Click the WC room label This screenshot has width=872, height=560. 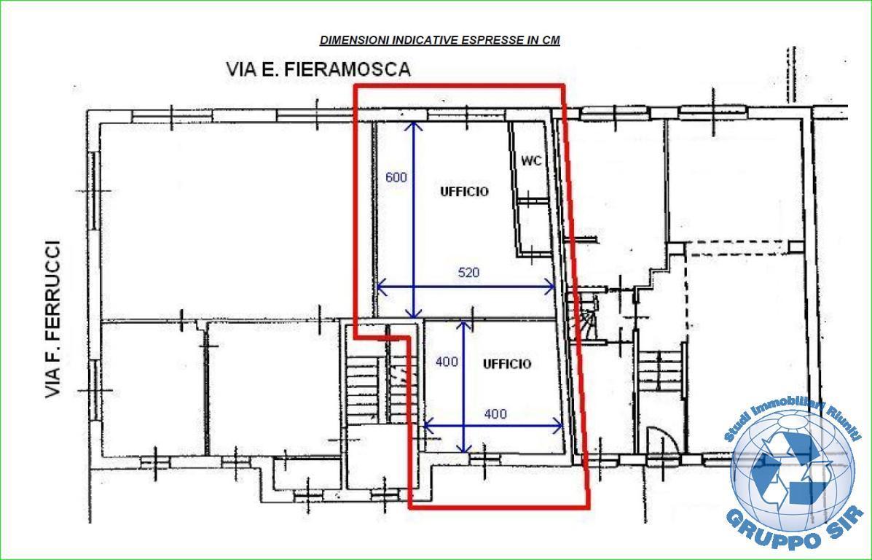[531, 161]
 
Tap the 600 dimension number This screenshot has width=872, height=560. [396, 178]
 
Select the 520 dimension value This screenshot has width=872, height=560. [468, 273]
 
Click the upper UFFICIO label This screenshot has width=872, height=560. [464, 192]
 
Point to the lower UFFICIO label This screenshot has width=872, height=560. [506, 364]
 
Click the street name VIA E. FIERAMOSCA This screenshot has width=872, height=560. [318, 69]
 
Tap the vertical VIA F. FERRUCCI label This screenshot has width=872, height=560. [53, 319]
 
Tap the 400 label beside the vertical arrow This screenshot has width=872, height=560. [447, 362]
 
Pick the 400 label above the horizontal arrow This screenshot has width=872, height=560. [495, 414]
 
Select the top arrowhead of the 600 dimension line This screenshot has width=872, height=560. [413, 126]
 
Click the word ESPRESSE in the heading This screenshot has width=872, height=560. [494, 40]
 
